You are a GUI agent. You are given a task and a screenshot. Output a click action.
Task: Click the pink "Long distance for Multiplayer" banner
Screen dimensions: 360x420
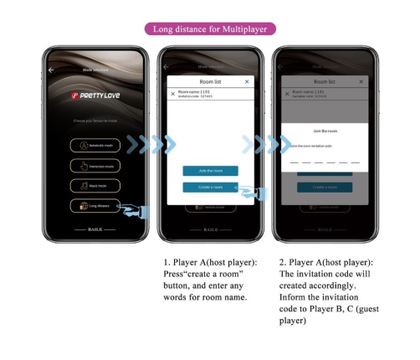click(209, 29)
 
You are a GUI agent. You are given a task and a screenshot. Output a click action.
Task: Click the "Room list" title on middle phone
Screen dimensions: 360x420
click(209, 82)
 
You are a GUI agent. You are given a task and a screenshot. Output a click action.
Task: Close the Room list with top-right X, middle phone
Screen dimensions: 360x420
click(247, 82)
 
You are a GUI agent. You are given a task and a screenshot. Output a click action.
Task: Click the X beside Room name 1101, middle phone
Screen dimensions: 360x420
click(173, 94)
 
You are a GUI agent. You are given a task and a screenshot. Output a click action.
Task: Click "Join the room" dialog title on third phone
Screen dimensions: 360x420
click(325, 132)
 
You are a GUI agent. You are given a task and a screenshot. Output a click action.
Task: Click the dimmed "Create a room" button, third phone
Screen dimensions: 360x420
click(325, 188)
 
